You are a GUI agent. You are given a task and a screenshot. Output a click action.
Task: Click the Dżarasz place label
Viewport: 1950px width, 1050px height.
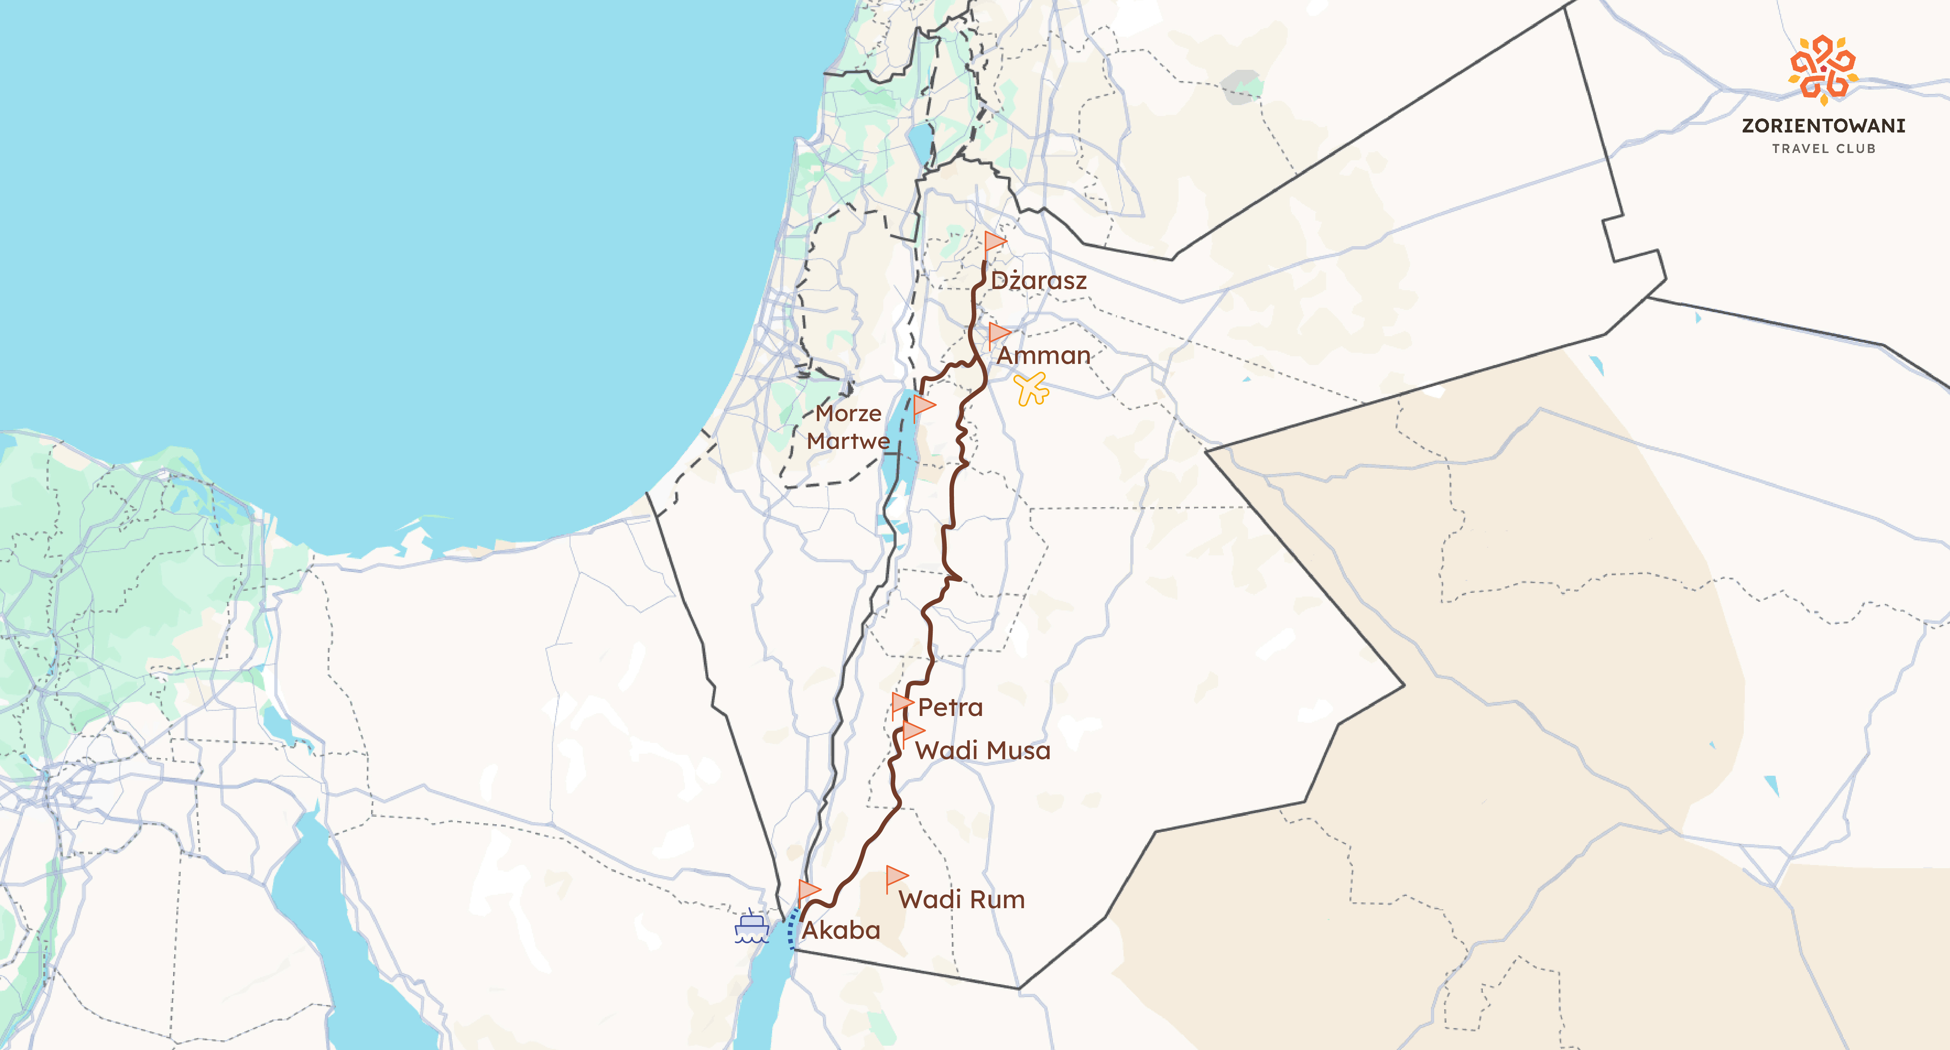[x=1039, y=281]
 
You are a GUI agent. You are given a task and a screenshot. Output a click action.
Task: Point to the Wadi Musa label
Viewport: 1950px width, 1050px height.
[x=983, y=751]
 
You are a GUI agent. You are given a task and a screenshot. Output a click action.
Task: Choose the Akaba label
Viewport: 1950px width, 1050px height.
[x=841, y=930]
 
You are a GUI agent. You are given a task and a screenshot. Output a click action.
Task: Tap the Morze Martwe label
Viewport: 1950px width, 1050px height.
[x=848, y=427]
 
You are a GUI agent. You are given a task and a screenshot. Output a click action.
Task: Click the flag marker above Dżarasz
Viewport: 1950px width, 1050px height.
[x=994, y=242]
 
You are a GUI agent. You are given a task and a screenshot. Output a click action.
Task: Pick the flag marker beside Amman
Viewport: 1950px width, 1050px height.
[x=999, y=333]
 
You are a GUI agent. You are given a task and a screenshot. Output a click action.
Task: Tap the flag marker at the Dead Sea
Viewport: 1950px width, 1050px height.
[x=924, y=406]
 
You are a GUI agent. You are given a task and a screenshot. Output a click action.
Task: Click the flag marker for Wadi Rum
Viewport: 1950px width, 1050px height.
[x=896, y=877]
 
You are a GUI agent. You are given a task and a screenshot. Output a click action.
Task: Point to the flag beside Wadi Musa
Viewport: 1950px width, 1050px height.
[x=912, y=731]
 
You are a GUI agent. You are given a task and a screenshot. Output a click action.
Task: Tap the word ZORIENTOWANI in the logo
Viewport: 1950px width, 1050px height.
[x=1823, y=126]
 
